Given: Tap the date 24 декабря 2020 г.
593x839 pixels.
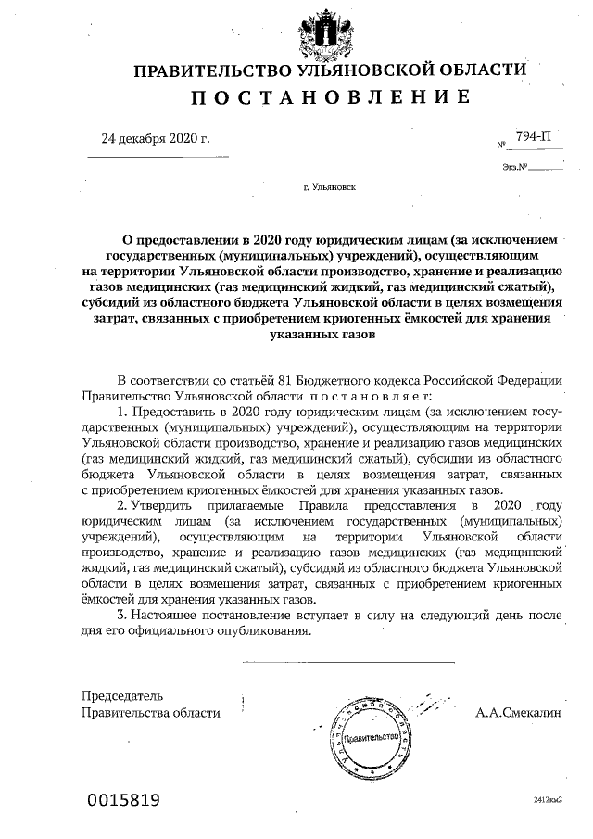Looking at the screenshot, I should [156, 140].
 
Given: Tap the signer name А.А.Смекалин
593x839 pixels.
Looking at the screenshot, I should [517, 713].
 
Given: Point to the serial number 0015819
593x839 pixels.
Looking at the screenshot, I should [125, 799].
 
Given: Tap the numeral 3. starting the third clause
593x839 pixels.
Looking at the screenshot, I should [121, 615].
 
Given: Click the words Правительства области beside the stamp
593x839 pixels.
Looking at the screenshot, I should [151, 713].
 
